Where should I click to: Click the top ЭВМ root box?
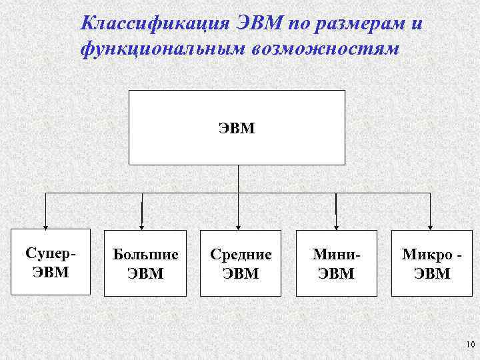[237, 127]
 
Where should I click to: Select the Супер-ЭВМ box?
[51, 262]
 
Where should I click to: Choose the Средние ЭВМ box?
[241, 263]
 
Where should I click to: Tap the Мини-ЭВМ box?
[337, 263]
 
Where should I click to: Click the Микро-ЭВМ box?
[432, 263]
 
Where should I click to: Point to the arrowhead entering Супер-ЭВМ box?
[45, 225]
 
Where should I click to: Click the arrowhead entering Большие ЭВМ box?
[142, 225]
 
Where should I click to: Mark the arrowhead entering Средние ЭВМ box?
[238, 225]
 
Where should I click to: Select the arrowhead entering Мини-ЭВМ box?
[335, 225]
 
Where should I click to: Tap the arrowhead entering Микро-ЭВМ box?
[431, 225]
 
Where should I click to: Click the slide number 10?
[468, 344]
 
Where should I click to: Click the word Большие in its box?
[145, 254]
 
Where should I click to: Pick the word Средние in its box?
[241, 254]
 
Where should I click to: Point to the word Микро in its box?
[425, 254]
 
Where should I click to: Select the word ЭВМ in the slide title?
[261, 24]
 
